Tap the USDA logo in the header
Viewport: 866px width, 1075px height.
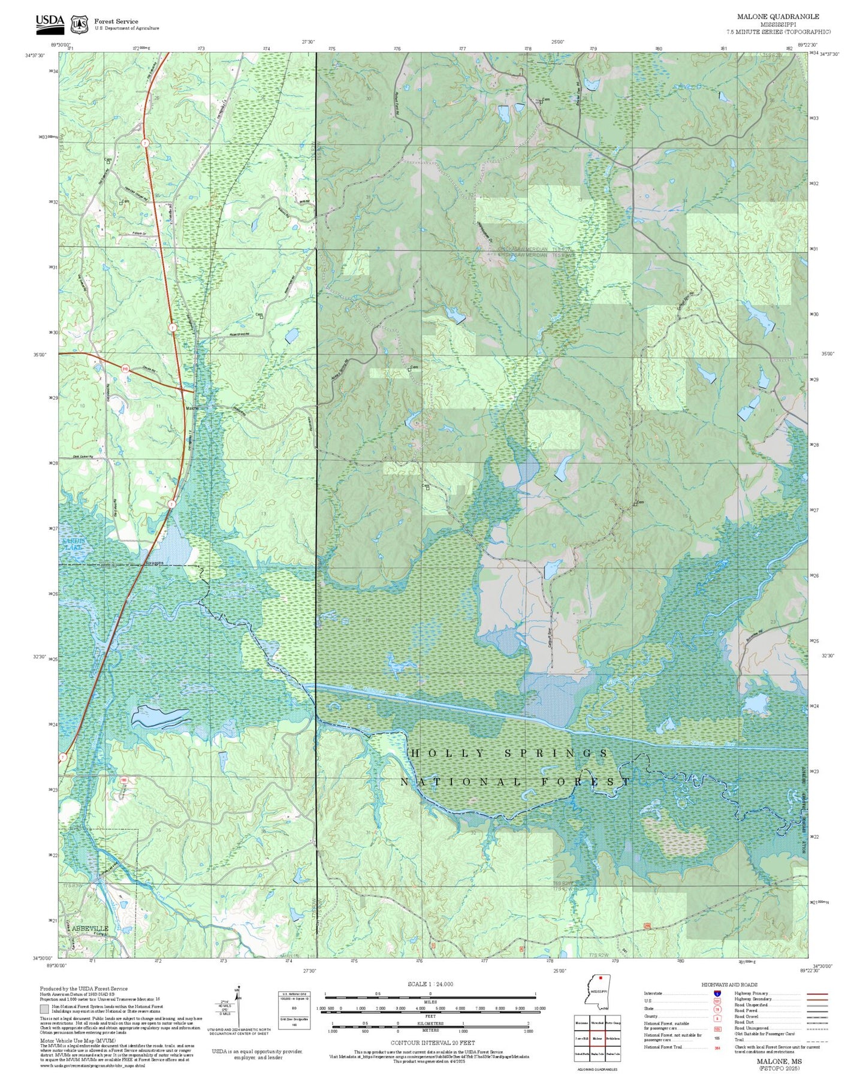coord(50,22)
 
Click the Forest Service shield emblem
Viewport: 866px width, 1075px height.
coord(79,25)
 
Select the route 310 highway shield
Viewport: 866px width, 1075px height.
coord(125,369)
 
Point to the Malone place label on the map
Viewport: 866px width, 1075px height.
coord(192,408)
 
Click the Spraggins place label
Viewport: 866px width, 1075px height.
coord(155,563)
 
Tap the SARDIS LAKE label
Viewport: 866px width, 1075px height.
coord(74,543)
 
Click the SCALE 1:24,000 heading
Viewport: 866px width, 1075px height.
coord(430,984)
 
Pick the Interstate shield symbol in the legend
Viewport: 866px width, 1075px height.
coord(717,994)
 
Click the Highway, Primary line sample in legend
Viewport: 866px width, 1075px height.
coord(817,994)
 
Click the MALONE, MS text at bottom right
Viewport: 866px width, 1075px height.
coord(779,1061)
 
